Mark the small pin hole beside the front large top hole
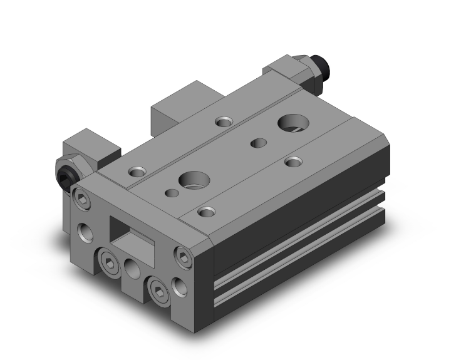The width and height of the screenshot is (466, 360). pos(168,192)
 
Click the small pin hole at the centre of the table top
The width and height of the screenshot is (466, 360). pos(256,143)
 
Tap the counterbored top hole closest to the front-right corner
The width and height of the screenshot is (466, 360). pos(204,211)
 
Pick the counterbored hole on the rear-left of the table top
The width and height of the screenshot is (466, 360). pos(222,121)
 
